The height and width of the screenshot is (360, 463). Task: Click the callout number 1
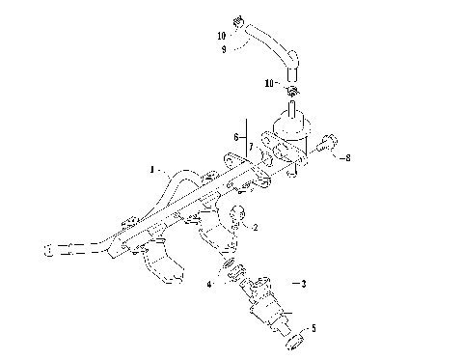tap(151, 170)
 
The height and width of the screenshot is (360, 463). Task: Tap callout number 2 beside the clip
tap(256, 228)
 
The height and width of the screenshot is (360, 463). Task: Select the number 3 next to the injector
tap(304, 284)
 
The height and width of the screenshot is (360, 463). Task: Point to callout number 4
tap(208, 284)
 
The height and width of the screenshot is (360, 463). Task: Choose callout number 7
tap(251, 146)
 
